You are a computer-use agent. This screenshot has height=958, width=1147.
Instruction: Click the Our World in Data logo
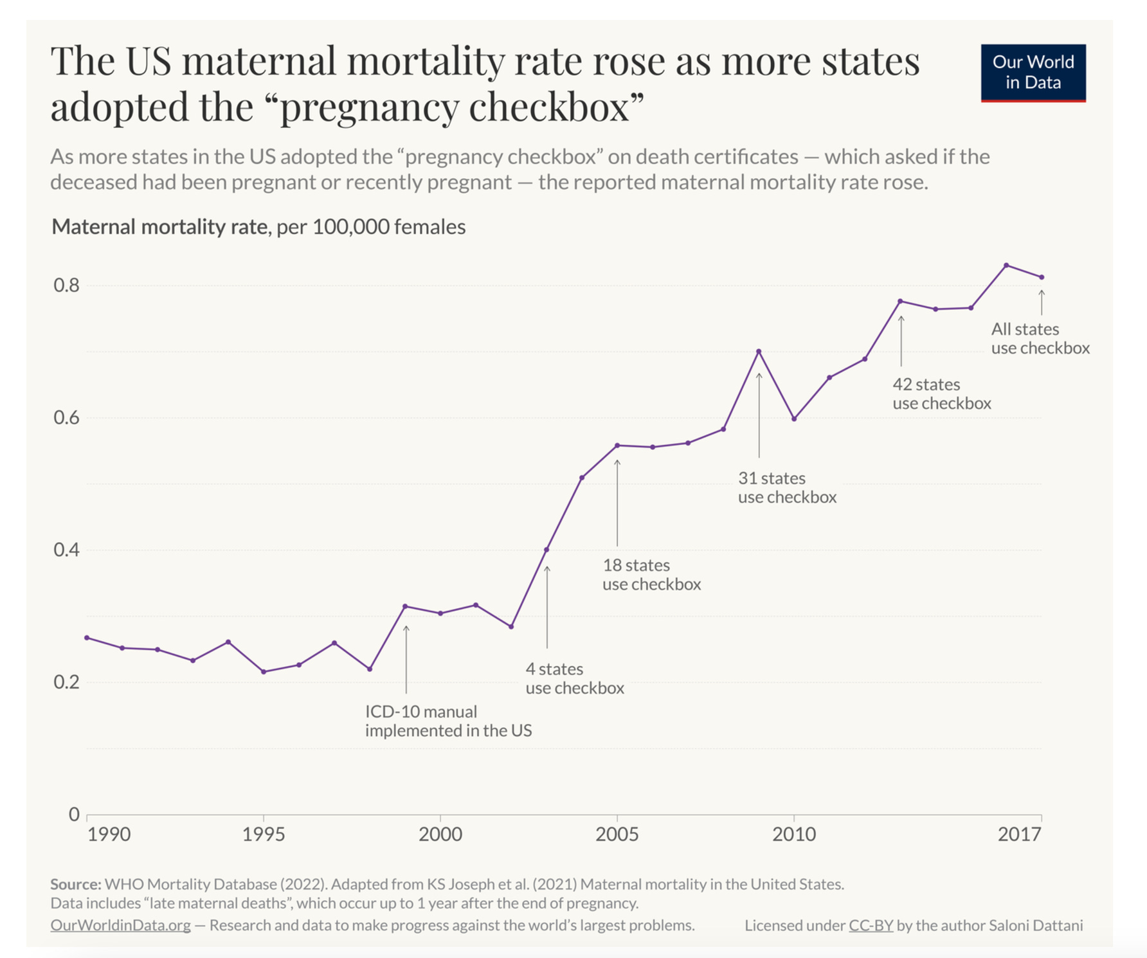(x=1033, y=73)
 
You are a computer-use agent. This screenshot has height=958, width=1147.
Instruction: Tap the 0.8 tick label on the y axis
(x=66, y=285)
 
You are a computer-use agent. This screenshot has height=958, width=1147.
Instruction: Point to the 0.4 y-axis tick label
(x=66, y=550)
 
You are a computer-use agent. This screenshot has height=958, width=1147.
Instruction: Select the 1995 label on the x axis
(x=263, y=835)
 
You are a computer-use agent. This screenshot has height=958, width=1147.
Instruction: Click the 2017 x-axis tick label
(x=1018, y=835)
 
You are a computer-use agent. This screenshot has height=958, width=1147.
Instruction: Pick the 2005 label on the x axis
(x=617, y=835)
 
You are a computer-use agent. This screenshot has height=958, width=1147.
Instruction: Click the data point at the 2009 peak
(x=759, y=352)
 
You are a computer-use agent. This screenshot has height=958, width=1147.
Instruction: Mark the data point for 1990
(x=87, y=638)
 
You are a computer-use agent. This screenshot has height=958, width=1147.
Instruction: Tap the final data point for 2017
(x=1042, y=277)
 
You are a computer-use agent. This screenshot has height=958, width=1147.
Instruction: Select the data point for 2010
(x=794, y=419)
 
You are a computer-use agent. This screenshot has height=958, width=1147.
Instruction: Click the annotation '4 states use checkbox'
(x=574, y=678)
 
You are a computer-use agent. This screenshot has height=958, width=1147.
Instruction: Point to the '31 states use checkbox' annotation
(x=787, y=487)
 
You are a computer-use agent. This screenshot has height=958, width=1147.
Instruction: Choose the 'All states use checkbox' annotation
(x=1040, y=338)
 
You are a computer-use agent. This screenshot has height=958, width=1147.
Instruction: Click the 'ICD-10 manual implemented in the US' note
(x=448, y=721)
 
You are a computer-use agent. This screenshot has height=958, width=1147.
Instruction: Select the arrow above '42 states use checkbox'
(x=901, y=341)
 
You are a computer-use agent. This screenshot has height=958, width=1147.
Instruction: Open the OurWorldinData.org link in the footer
(x=120, y=925)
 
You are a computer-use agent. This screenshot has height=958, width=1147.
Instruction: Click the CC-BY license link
(x=871, y=925)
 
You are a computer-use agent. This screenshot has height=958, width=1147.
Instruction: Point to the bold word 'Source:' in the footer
(x=75, y=884)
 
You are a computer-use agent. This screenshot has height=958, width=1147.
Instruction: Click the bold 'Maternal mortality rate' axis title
(x=159, y=227)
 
